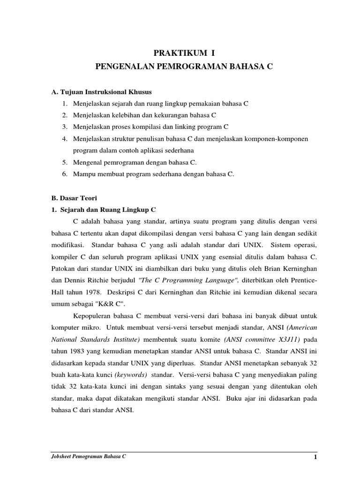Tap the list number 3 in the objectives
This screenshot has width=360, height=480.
(x=63, y=127)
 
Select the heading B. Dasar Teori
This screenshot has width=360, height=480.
(x=74, y=198)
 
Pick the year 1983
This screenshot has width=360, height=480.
(x=78, y=351)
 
